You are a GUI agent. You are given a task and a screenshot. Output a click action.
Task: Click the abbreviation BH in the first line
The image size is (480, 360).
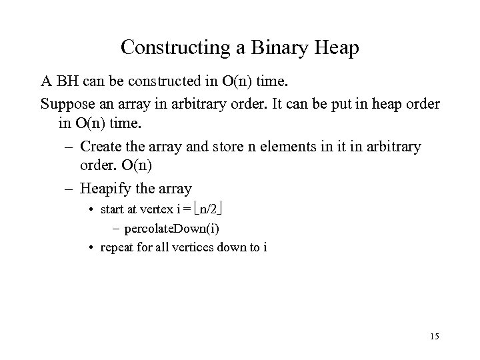pyautogui.click(x=66, y=83)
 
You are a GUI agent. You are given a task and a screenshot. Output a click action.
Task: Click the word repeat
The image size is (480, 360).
pyautogui.click(x=115, y=248)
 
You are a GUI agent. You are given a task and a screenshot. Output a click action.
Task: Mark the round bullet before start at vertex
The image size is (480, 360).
pyautogui.click(x=91, y=210)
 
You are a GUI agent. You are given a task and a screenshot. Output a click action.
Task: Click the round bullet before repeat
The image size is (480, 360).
pyautogui.click(x=91, y=248)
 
